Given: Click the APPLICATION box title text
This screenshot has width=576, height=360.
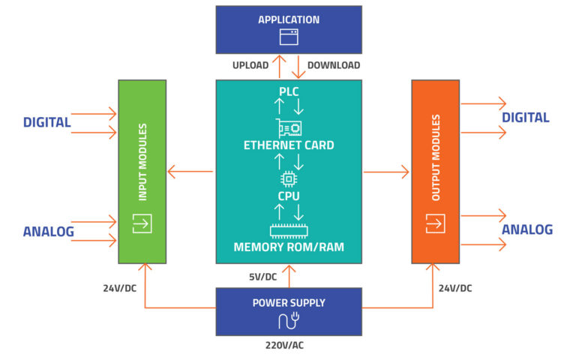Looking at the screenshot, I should (289, 19).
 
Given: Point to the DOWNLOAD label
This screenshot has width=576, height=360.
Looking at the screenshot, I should (333, 65).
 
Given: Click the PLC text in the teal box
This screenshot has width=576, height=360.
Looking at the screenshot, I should (289, 92).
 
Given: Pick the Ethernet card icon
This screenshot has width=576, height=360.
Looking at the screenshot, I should (289, 127).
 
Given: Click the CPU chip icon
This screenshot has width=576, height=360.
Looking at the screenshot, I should (289, 179).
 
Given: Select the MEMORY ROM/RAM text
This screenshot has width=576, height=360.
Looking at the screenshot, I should (289, 247).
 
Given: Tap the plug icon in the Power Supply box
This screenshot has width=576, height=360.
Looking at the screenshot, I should (289, 322).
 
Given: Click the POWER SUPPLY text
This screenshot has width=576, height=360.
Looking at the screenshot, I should (289, 302).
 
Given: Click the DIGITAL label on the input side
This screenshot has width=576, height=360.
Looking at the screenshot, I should (46, 122).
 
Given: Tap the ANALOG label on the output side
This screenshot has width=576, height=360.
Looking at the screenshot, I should (527, 229).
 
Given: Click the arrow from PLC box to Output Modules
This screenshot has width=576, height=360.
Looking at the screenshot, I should (386, 172).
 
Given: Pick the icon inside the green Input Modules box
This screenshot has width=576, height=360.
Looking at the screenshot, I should (142, 223).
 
